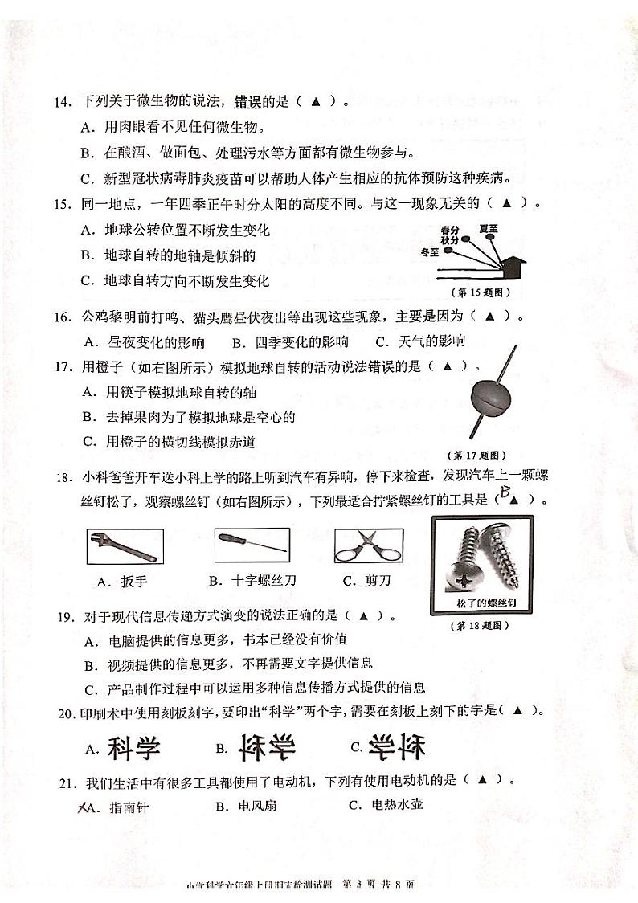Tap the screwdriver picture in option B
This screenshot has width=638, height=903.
tap(252, 545)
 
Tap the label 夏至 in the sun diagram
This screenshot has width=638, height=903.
tap(488, 229)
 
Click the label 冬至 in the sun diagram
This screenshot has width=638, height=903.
tap(430, 251)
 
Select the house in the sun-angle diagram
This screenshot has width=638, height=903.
tap(511, 264)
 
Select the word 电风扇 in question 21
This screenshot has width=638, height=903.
tap(256, 806)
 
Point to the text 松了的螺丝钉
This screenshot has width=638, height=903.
tap(483, 603)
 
